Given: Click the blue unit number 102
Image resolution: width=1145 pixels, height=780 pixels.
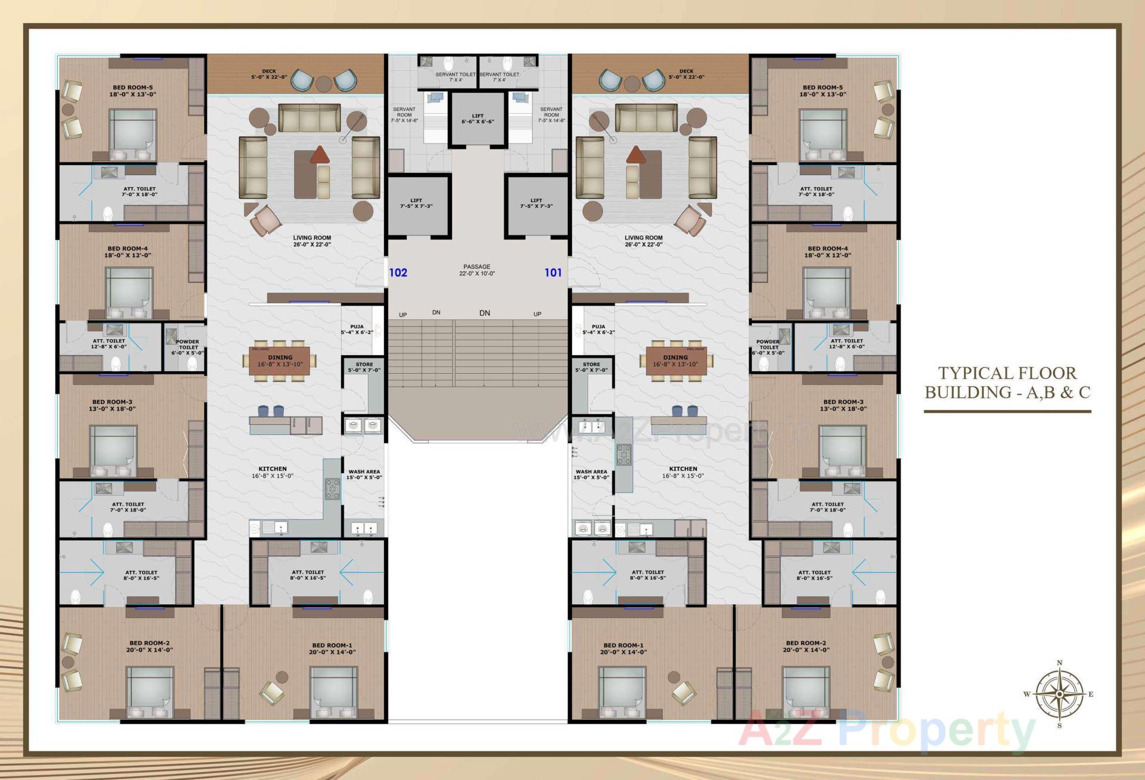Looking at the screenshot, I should [398, 273].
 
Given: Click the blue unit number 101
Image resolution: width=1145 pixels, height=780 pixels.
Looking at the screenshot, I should [553, 273].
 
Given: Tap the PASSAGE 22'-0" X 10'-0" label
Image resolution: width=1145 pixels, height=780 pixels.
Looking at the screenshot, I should [477, 270].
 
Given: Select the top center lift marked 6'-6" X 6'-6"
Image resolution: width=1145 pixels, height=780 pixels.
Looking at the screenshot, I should [478, 119].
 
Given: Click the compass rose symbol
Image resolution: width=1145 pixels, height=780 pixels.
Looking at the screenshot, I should [1059, 694].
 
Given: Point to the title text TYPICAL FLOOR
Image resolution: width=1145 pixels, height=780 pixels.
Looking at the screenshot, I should [1007, 373].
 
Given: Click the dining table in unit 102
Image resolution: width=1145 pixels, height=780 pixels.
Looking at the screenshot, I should [280, 361].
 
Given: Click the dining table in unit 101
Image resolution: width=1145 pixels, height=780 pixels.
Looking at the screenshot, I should [676, 361].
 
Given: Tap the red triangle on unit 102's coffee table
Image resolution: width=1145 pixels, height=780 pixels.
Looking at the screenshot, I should [320, 154].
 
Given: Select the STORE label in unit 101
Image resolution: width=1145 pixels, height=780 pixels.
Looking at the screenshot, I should [592, 367].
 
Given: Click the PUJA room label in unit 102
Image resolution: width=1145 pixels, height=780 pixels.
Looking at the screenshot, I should [357, 330].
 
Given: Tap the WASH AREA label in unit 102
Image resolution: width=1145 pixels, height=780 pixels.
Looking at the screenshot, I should [364, 474].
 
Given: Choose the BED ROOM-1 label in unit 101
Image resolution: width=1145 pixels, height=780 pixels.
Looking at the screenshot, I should [623, 648].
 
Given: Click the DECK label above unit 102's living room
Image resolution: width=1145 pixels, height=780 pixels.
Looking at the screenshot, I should [269, 74].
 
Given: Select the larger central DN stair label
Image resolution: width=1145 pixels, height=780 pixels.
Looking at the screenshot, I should [484, 313].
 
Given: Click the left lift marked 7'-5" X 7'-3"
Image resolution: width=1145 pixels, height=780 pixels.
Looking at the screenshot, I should [416, 203].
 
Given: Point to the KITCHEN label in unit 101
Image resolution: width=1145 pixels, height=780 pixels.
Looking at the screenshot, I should [683, 472].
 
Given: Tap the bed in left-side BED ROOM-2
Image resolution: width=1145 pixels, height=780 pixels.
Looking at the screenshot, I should [150, 691].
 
